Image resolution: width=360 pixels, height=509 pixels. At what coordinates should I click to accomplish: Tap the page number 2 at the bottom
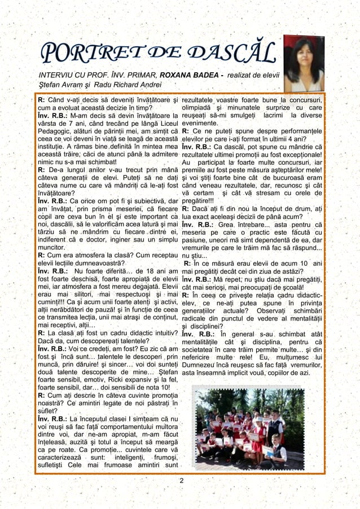pos(181,480)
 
